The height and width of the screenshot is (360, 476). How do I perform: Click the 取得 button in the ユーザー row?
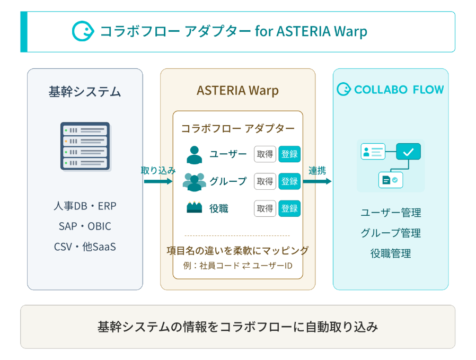click(x=265, y=154)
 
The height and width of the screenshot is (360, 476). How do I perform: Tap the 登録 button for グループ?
click(x=289, y=181)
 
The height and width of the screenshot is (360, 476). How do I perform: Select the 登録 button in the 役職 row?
click(x=289, y=208)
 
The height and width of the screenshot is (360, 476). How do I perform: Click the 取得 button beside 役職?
click(x=265, y=208)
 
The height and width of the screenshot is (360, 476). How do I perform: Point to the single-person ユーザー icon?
click(x=195, y=155)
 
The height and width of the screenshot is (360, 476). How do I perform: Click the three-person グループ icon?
click(x=195, y=182)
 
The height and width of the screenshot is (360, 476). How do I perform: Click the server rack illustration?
click(x=85, y=146)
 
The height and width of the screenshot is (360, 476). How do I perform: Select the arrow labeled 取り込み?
click(x=158, y=181)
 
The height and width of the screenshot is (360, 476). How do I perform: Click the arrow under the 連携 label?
click(x=317, y=181)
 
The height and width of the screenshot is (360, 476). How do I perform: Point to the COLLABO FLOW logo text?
click(x=399, y=90)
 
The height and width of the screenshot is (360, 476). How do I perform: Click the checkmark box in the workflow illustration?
click(x=408, y=152)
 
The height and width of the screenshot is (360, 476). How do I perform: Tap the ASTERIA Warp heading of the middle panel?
click(x=237, y=91)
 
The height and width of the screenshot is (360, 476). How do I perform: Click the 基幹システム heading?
click(x=85, y=92)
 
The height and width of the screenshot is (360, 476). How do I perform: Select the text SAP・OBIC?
click(x=85, y=226)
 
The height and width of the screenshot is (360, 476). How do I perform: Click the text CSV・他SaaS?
click(x=85, y=247)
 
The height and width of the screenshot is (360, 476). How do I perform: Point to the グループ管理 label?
click(x=391, y=233)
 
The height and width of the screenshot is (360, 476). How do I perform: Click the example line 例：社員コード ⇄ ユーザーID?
click(x=237, y=266)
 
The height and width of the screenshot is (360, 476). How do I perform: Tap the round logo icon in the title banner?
click(x=83, y=31)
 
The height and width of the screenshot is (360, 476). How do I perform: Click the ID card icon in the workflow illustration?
click(x=373, y=152)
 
